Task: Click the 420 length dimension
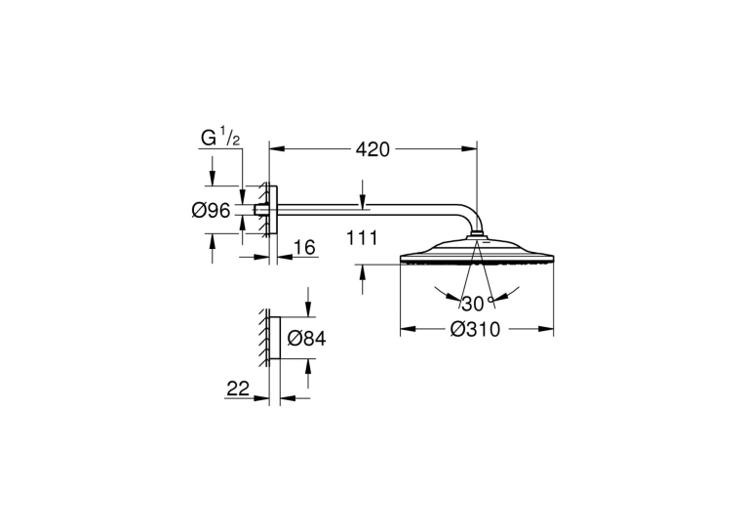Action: click(373, 149)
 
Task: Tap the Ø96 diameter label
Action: click(212, 210)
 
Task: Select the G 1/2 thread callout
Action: click(220, 138)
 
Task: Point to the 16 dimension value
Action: click(304, 248)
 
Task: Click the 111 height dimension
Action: click(362, 237)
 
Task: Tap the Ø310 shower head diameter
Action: click(475, 329)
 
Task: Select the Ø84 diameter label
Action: click(307, 339)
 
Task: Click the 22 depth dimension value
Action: click(238, 389)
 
